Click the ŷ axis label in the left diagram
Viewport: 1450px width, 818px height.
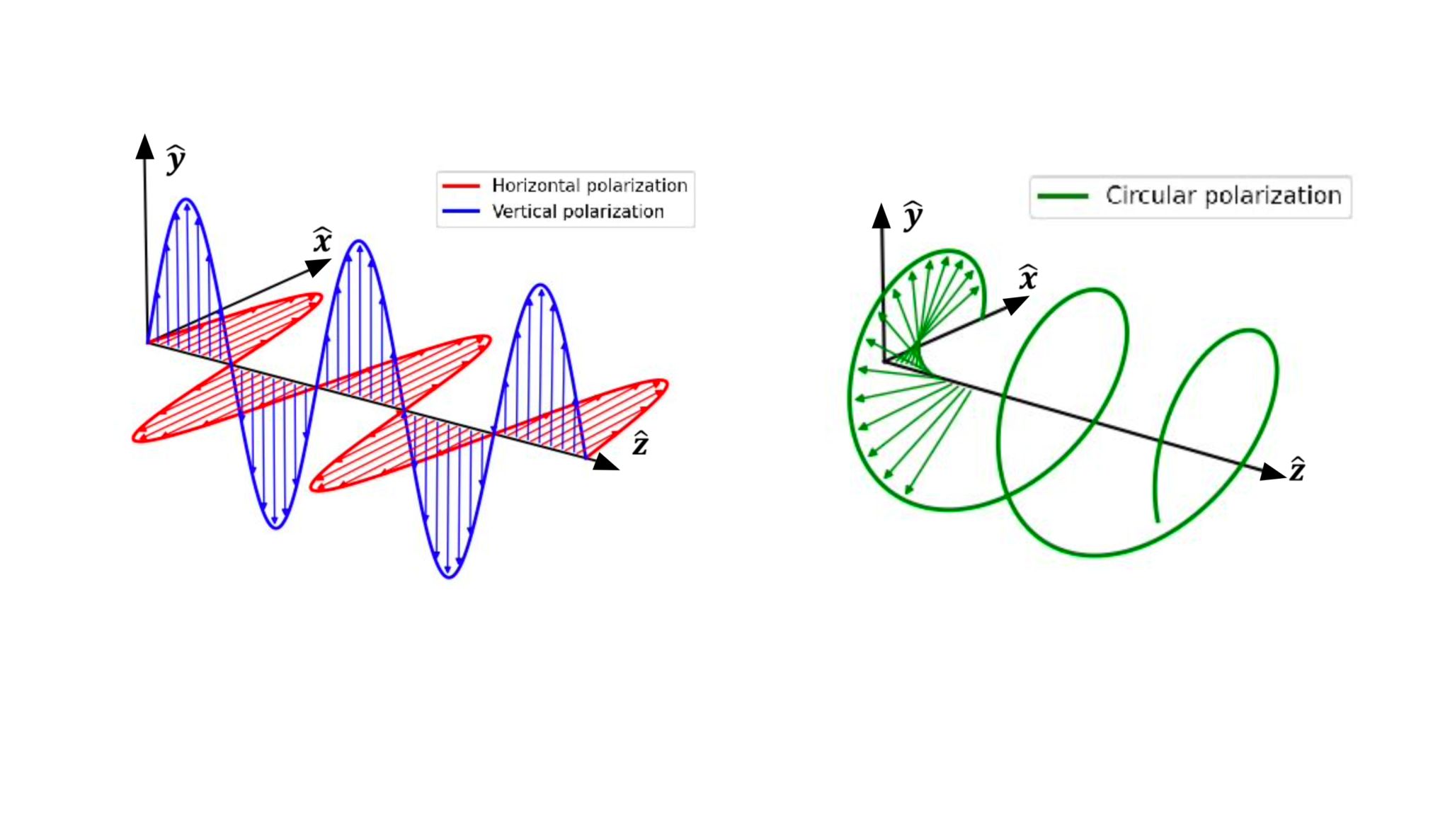click(x=176, y=159)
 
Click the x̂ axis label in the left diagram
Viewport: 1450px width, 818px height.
click(x=323, y=241)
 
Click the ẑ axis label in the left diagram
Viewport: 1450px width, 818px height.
click(x=641, y=444)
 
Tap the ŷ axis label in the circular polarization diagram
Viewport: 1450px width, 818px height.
click(x=913, y=216)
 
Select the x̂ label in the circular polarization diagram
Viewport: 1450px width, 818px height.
click(x=1028, y=277)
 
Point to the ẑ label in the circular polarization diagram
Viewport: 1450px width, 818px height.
click(x=1297, y=470)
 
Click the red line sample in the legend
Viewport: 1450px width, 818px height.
click(x=461, y=186)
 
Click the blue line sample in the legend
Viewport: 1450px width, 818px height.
click(x=461, y=211)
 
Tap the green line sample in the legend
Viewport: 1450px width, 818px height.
click(x=1063, y=196)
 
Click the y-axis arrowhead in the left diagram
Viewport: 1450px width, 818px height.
click(x=145, y=147)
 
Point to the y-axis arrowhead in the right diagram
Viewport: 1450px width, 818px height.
click(x=881, y=216)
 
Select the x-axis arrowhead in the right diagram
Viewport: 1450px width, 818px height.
click(x=1017, y=305)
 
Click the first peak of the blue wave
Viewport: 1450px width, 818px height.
click(x=187, y=200)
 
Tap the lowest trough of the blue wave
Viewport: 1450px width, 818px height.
click(x=449, y=576)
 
